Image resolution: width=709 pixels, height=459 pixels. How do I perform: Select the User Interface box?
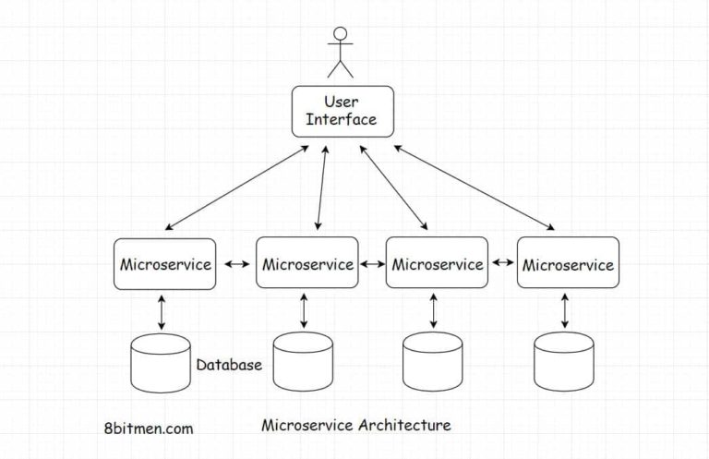click(x=342, y=111)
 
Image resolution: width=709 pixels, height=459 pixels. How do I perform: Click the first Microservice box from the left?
click(x=165, y=264)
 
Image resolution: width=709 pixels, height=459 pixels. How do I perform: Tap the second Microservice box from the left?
click(x=306, y=264)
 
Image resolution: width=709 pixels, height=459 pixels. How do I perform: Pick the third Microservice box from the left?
click(x=437, y=264)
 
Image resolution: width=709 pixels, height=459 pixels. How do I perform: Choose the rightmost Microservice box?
click(x=567, y=264)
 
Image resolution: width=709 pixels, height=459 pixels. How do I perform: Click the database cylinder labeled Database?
click(x=161, y=363)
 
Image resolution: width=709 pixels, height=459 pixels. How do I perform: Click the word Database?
click(x=229, y=365)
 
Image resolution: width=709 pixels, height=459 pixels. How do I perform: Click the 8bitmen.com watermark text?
click(x=150, y=429)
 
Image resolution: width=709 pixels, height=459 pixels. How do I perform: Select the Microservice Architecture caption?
click(x=356, y=425)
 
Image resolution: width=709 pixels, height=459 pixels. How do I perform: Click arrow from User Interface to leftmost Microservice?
click(x=236, y=187)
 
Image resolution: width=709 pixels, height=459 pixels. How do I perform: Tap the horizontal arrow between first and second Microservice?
click(x=237, y=265)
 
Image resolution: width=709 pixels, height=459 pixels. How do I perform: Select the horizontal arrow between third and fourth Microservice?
click(x=503, y=263)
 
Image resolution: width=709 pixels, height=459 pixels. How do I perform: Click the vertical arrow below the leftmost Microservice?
click(x=162, y=312)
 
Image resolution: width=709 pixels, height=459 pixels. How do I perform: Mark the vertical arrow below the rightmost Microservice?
click(x=564, y=312)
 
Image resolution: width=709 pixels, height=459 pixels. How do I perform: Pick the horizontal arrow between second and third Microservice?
click(x=372, y=264)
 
